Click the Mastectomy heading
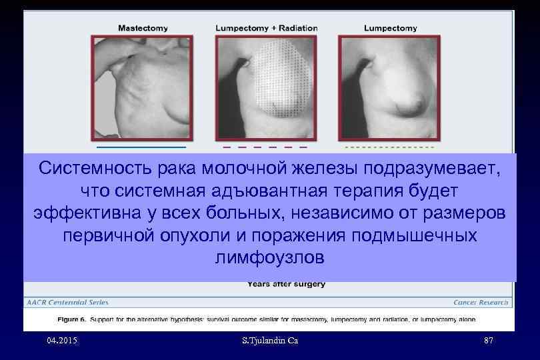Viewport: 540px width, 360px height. tap(143, 28)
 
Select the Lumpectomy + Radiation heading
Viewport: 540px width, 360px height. tap(267, 28)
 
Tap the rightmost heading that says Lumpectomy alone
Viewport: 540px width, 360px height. tap(391, 28)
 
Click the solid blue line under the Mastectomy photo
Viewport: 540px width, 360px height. tap(141, 146)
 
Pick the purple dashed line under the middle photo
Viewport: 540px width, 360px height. tap(265, 146)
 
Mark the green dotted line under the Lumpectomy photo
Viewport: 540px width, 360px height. tap(389, 146)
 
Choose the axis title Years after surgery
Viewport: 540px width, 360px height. tap(286, 284)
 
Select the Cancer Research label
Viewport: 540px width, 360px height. tap(481, 303)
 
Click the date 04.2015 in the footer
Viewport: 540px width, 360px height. tap(63, 341)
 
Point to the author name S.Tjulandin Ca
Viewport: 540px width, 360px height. tap(269, 341)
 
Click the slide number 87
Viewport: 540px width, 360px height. tap(488, 341)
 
